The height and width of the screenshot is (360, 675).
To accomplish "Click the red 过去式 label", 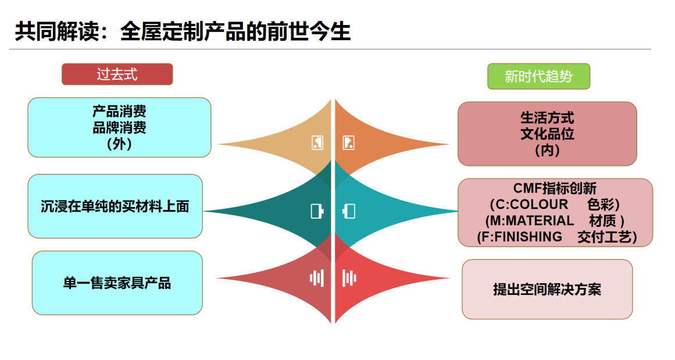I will [x=117, y=74].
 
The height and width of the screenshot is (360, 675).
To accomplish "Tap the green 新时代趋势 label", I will [x=538, y=76].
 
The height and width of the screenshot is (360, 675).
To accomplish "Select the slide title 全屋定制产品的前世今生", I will [x=183, y=31].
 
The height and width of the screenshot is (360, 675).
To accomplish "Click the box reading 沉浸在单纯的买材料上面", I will [x=115, y=206].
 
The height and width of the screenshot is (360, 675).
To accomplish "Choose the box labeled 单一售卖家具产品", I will [x=117, y=283].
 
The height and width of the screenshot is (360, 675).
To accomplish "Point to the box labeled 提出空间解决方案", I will [x=547, y=289].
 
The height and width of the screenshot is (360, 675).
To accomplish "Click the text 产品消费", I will [x=119, y=111].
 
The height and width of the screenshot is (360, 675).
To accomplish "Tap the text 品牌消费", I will [x=119, y=127].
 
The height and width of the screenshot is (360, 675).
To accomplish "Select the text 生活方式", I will [x=547, y=118].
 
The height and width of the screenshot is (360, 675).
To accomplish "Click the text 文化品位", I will [x=547, y=134].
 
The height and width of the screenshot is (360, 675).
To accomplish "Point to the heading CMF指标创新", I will [x=555, y=188].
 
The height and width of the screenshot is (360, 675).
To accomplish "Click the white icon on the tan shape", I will [x=317, y=142].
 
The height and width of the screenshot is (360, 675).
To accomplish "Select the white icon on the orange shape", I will [x=348, y=142].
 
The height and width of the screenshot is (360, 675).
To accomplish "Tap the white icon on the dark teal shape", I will [x=317, y=211].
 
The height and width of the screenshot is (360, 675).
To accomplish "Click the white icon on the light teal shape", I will [x=349, y=211].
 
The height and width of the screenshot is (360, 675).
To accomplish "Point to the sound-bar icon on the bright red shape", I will [x=349, y=278].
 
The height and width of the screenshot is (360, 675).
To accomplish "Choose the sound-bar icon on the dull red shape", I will [x=316, y=278].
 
